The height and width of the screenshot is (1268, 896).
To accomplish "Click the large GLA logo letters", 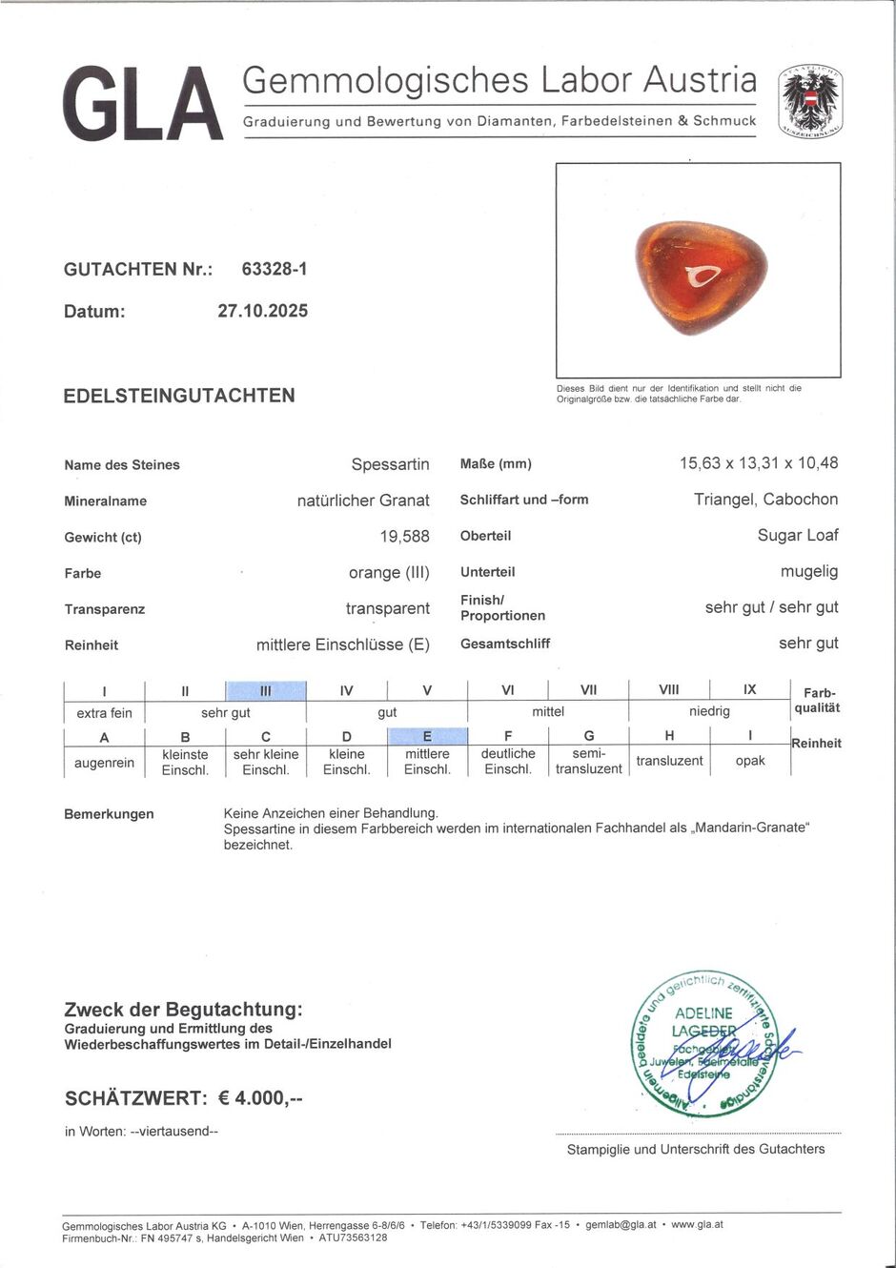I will coord(143,104).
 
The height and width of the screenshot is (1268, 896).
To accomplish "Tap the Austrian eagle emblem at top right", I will coord(809,100).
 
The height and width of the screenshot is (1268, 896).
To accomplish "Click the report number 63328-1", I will coord(275,269).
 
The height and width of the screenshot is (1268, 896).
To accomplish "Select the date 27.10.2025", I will coord(262,311).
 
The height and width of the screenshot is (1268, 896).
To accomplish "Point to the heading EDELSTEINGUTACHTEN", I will coord(179,396).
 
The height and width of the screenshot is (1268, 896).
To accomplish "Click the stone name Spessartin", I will coord(390,464).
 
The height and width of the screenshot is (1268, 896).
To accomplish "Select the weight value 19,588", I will coord(404,537).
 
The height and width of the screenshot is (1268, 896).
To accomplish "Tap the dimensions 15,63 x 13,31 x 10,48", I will coord(759,463).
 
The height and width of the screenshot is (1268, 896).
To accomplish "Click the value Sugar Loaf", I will coord(798,535).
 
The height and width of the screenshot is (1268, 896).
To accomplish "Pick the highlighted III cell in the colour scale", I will coord(266,690).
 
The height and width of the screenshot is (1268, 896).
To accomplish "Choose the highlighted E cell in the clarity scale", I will coord(427,736).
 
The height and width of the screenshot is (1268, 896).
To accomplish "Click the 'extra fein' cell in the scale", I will coord(105,712).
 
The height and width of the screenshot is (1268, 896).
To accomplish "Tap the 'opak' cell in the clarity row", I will coord(750,761).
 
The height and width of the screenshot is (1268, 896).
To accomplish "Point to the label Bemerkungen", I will coord(109,814).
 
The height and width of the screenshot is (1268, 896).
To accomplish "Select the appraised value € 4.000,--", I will coord(260,1098).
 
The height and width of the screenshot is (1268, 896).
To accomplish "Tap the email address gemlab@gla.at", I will coord(621,1224).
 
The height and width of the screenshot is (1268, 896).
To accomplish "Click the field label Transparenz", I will coord(105,609).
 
